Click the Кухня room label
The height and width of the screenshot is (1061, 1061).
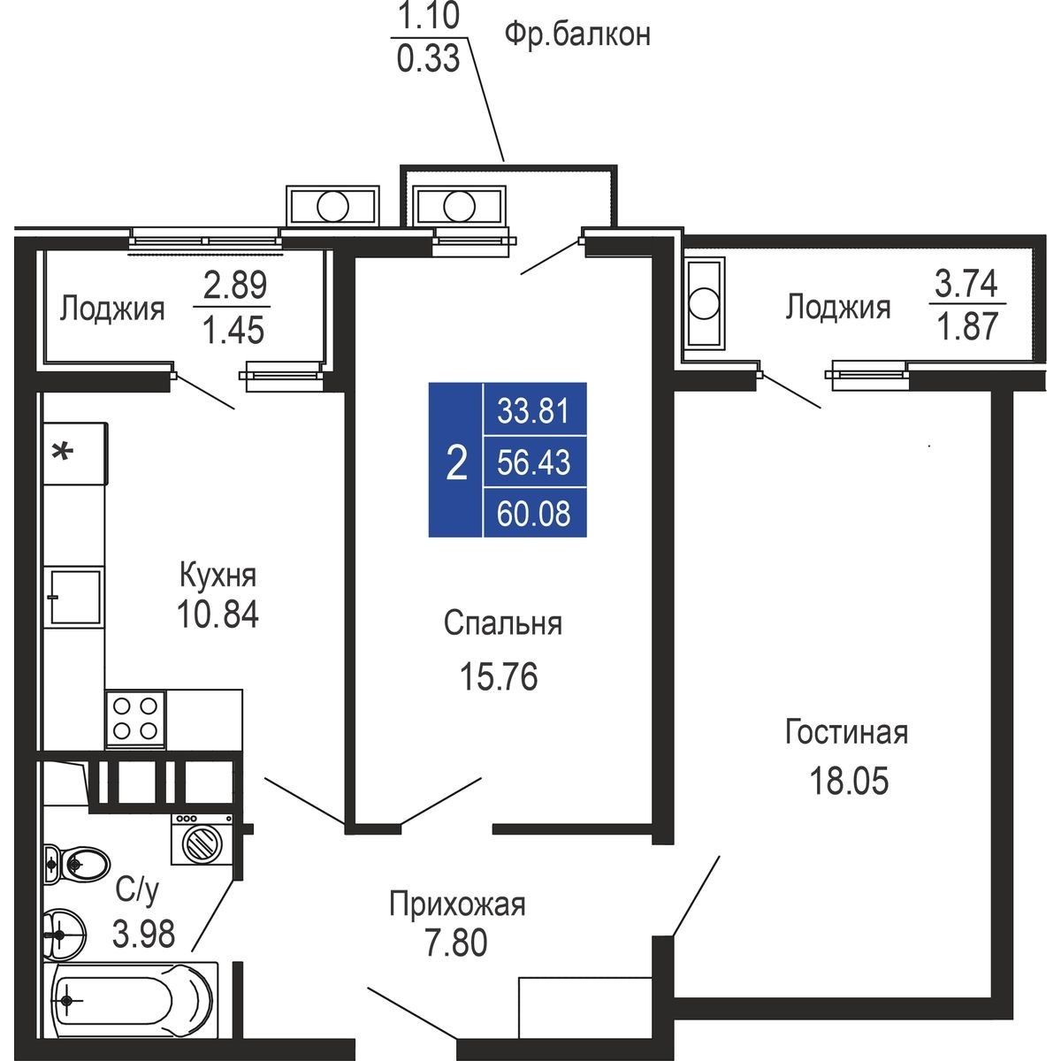click(218, 576)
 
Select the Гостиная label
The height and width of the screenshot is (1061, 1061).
click(846, 733)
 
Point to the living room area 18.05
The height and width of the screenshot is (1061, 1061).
click(849, 781)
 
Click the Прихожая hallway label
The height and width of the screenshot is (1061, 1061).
click(457, 905)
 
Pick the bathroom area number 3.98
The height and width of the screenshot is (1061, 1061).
click(144, 934)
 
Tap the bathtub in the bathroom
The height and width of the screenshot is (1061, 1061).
click(131, 999)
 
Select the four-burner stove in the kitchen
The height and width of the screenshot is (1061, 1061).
click(135, 719)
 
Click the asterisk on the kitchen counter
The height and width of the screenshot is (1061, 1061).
click(62, 452)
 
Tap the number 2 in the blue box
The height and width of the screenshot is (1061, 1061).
click(456, 463)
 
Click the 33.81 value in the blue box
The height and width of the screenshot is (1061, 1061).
click(533, 411)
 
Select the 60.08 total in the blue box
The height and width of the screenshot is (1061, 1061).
click(533, 513)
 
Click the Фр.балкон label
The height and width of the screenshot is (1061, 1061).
click(577, 35)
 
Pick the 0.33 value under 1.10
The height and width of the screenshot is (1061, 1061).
click(428, 59)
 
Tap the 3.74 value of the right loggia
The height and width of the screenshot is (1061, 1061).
click(966, 285)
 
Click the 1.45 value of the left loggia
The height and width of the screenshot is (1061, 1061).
click(233, 331)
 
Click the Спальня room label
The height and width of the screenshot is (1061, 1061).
click(503, 624)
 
